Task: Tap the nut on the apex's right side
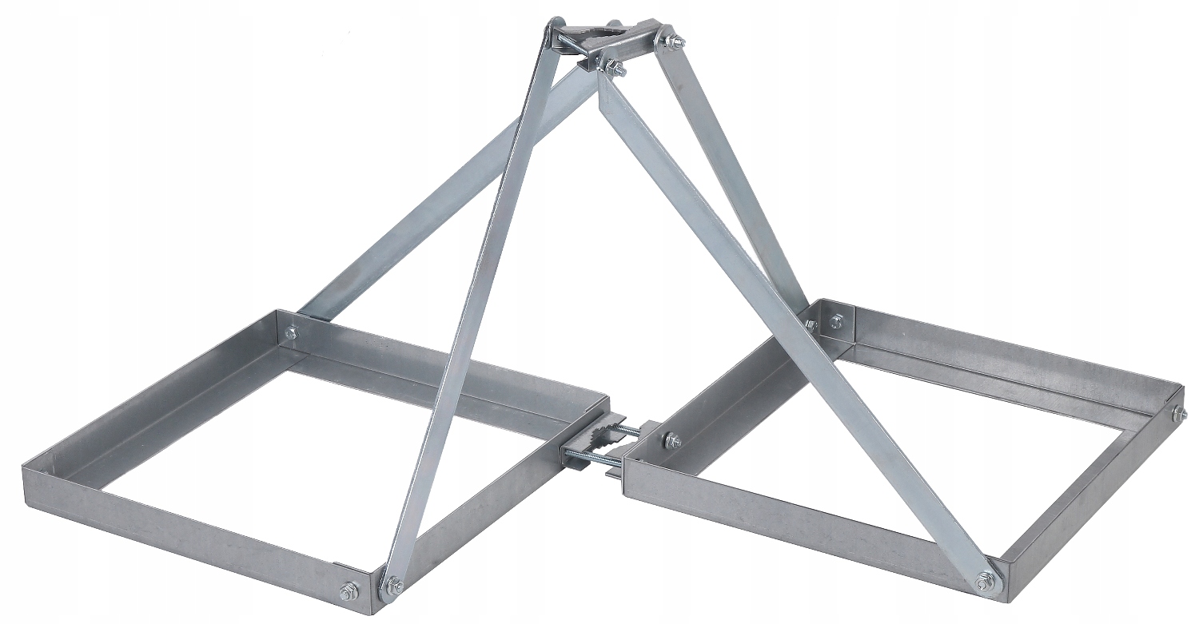pyautogui.click(x=667, y=38)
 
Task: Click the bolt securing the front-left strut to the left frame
pyautogui.click(x=392, y=586)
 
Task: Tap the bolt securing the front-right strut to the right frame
pyautogui.click(x=985, y=578)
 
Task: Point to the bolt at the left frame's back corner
pyautogui.click(x=290, y=332)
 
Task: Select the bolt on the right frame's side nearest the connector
pyautogui.click(x=672, y=440)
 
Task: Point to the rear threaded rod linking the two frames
pyautogui.click(x=627, y=431)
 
